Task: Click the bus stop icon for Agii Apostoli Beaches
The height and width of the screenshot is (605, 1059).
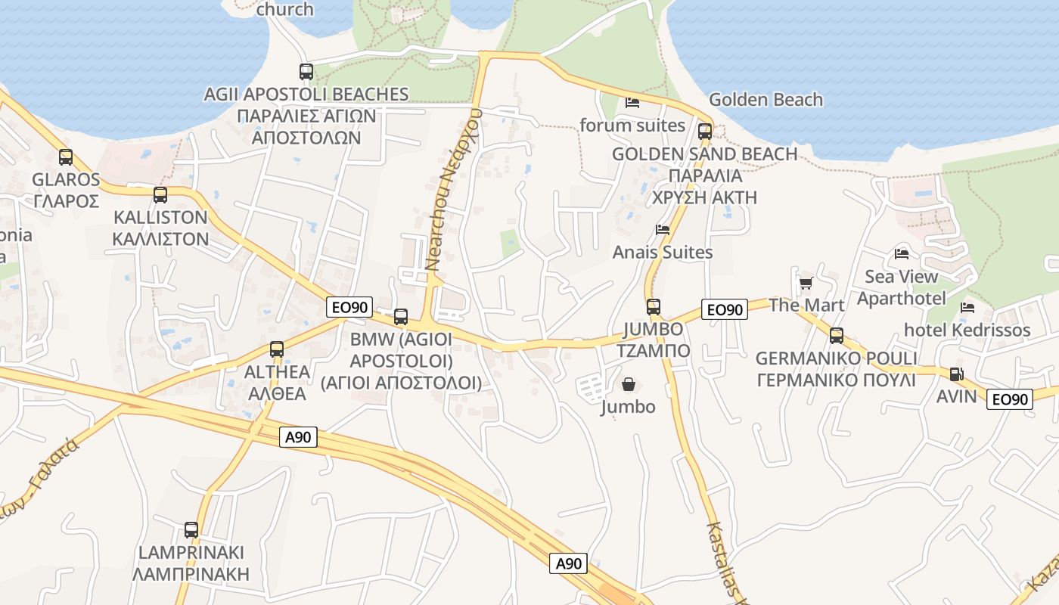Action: (x=306, y=72)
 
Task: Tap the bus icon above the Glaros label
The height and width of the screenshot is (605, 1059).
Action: (x=66, y=157)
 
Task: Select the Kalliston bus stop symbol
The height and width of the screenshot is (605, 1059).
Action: (x=160, y=195)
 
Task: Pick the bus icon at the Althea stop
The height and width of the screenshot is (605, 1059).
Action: (x=277, y=349)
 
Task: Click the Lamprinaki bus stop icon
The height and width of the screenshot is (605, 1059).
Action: (x=191, y=530)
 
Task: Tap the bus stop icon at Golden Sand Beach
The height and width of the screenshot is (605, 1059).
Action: (x=705, y=132)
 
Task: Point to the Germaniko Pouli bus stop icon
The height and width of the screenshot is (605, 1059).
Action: (x=837, y=336)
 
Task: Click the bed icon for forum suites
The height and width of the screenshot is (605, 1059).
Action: (x=632, y=103)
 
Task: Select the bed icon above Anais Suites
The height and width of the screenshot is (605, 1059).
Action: (x=663, y=230)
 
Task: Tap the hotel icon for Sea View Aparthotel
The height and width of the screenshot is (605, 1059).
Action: (x=902, y=254)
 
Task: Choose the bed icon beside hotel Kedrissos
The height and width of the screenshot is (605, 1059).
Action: (x=967, y=308)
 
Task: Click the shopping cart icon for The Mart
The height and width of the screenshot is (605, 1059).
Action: (x=806, y=284)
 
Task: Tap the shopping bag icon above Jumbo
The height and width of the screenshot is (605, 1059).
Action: (x=628, y=385)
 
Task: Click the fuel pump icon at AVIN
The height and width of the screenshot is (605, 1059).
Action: (x=957, y=374)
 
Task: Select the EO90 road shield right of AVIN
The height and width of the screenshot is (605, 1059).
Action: (x=1010, y=399)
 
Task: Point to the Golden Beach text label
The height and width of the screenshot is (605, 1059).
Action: (x=766, y=100)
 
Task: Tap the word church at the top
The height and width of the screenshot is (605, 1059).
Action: (x=284, y=10)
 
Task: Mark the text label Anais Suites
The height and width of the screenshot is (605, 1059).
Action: (x=663, y=253)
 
